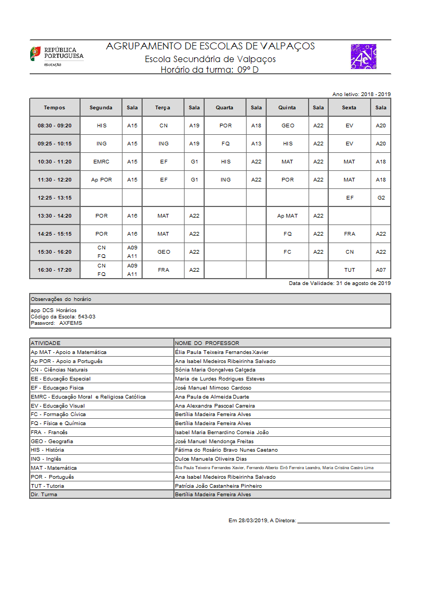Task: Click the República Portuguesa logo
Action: (56, 56)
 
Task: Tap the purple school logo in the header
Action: (363, 57)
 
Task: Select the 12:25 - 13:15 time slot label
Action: (55, 197)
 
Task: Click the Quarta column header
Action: (224, 107)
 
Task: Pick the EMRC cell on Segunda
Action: (101, 161)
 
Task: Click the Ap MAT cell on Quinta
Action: (287, 215)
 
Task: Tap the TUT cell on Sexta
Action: (349, 270)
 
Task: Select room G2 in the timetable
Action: (381, 197)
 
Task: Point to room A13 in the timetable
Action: (256, 143)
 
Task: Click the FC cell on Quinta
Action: (287, 252)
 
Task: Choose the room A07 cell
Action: (381, 270)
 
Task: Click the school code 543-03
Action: (86, 316)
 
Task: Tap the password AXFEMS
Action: (71, 323)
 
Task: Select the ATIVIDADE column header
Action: (46, 343)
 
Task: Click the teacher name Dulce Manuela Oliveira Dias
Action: (210, 459)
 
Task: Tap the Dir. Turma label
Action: (44, 494)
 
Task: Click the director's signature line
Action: (343, 522)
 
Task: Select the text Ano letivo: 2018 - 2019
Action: (361, 94)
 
